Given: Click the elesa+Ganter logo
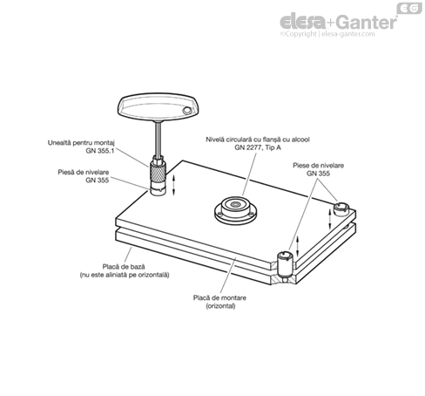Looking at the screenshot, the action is (339, 22).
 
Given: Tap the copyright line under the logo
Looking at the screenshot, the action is (327, 34).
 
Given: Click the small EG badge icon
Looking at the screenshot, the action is (409, 8).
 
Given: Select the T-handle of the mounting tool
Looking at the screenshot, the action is (158, 106).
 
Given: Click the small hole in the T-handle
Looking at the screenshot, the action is (186, 111).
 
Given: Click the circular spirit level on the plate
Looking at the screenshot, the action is (236, 210).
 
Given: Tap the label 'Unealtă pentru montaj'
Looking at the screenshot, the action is (81, 143).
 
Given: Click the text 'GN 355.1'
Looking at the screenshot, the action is (100, 151).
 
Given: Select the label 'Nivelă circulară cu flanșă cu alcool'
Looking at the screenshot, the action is (258, 140).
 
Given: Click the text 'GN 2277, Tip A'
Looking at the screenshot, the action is (258, 147).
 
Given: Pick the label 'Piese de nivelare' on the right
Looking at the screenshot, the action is (318, 166).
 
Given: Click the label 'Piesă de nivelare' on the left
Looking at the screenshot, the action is (84, 172).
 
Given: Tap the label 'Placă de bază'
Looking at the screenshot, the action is (124, 267).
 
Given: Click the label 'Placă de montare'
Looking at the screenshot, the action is (219, 297).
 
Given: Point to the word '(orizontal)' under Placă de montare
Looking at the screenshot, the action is (220, 306).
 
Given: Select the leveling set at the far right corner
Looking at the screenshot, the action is (341, 209).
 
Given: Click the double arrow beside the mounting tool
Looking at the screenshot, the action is (174, 185).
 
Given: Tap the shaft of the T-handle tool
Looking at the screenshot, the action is (158, 139).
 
